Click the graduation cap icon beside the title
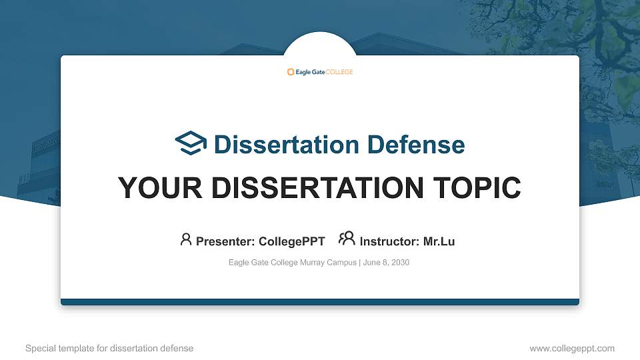191,143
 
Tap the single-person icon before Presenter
186,239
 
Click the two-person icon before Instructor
347,239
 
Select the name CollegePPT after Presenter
291,241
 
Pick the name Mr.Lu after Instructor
439,241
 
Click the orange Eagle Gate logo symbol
291,72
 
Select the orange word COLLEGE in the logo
339,72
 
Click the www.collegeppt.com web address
571,348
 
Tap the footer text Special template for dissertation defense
109,348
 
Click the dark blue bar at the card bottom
320,302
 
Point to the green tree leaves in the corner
600,40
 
